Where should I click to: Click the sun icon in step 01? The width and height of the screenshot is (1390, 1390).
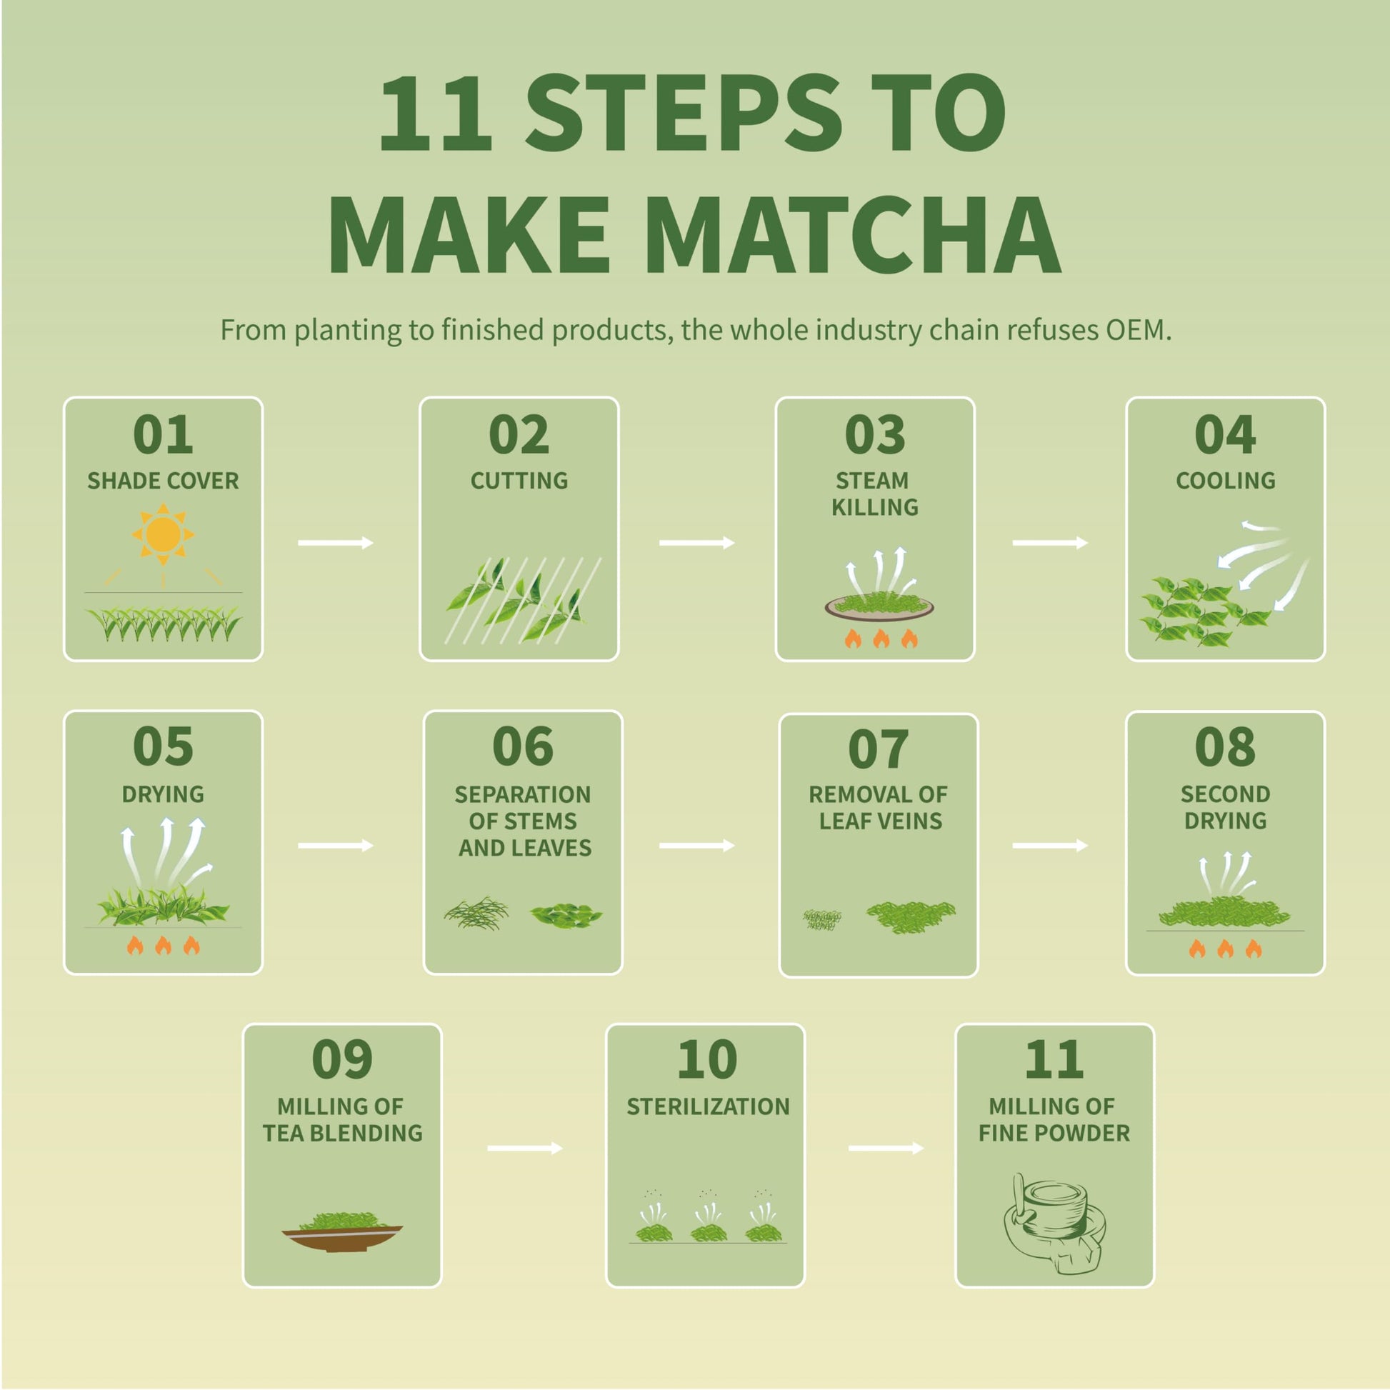[164, 534]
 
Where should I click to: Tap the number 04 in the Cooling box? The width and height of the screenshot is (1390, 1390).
[1224, 434]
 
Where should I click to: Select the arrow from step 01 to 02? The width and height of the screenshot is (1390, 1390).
[335, 542]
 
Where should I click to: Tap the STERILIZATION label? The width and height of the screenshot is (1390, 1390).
[707, 1106]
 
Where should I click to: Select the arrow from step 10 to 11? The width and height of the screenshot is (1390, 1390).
[885, 1149]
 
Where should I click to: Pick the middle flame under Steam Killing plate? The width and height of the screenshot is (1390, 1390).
[881, 638]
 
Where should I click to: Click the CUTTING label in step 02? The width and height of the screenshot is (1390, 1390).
[519, 481]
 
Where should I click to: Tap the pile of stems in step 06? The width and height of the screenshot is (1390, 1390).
[476, 914]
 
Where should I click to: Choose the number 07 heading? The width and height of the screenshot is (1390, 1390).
[878, 749]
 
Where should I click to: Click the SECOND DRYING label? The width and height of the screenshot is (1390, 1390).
[1224, 806]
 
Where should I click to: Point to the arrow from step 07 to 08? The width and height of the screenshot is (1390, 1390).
[1049, 846]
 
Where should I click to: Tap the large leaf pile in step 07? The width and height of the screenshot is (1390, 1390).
[911, 916]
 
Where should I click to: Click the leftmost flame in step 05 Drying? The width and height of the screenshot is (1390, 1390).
[134, 946]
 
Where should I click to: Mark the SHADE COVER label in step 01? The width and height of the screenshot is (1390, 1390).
[164, 481]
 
